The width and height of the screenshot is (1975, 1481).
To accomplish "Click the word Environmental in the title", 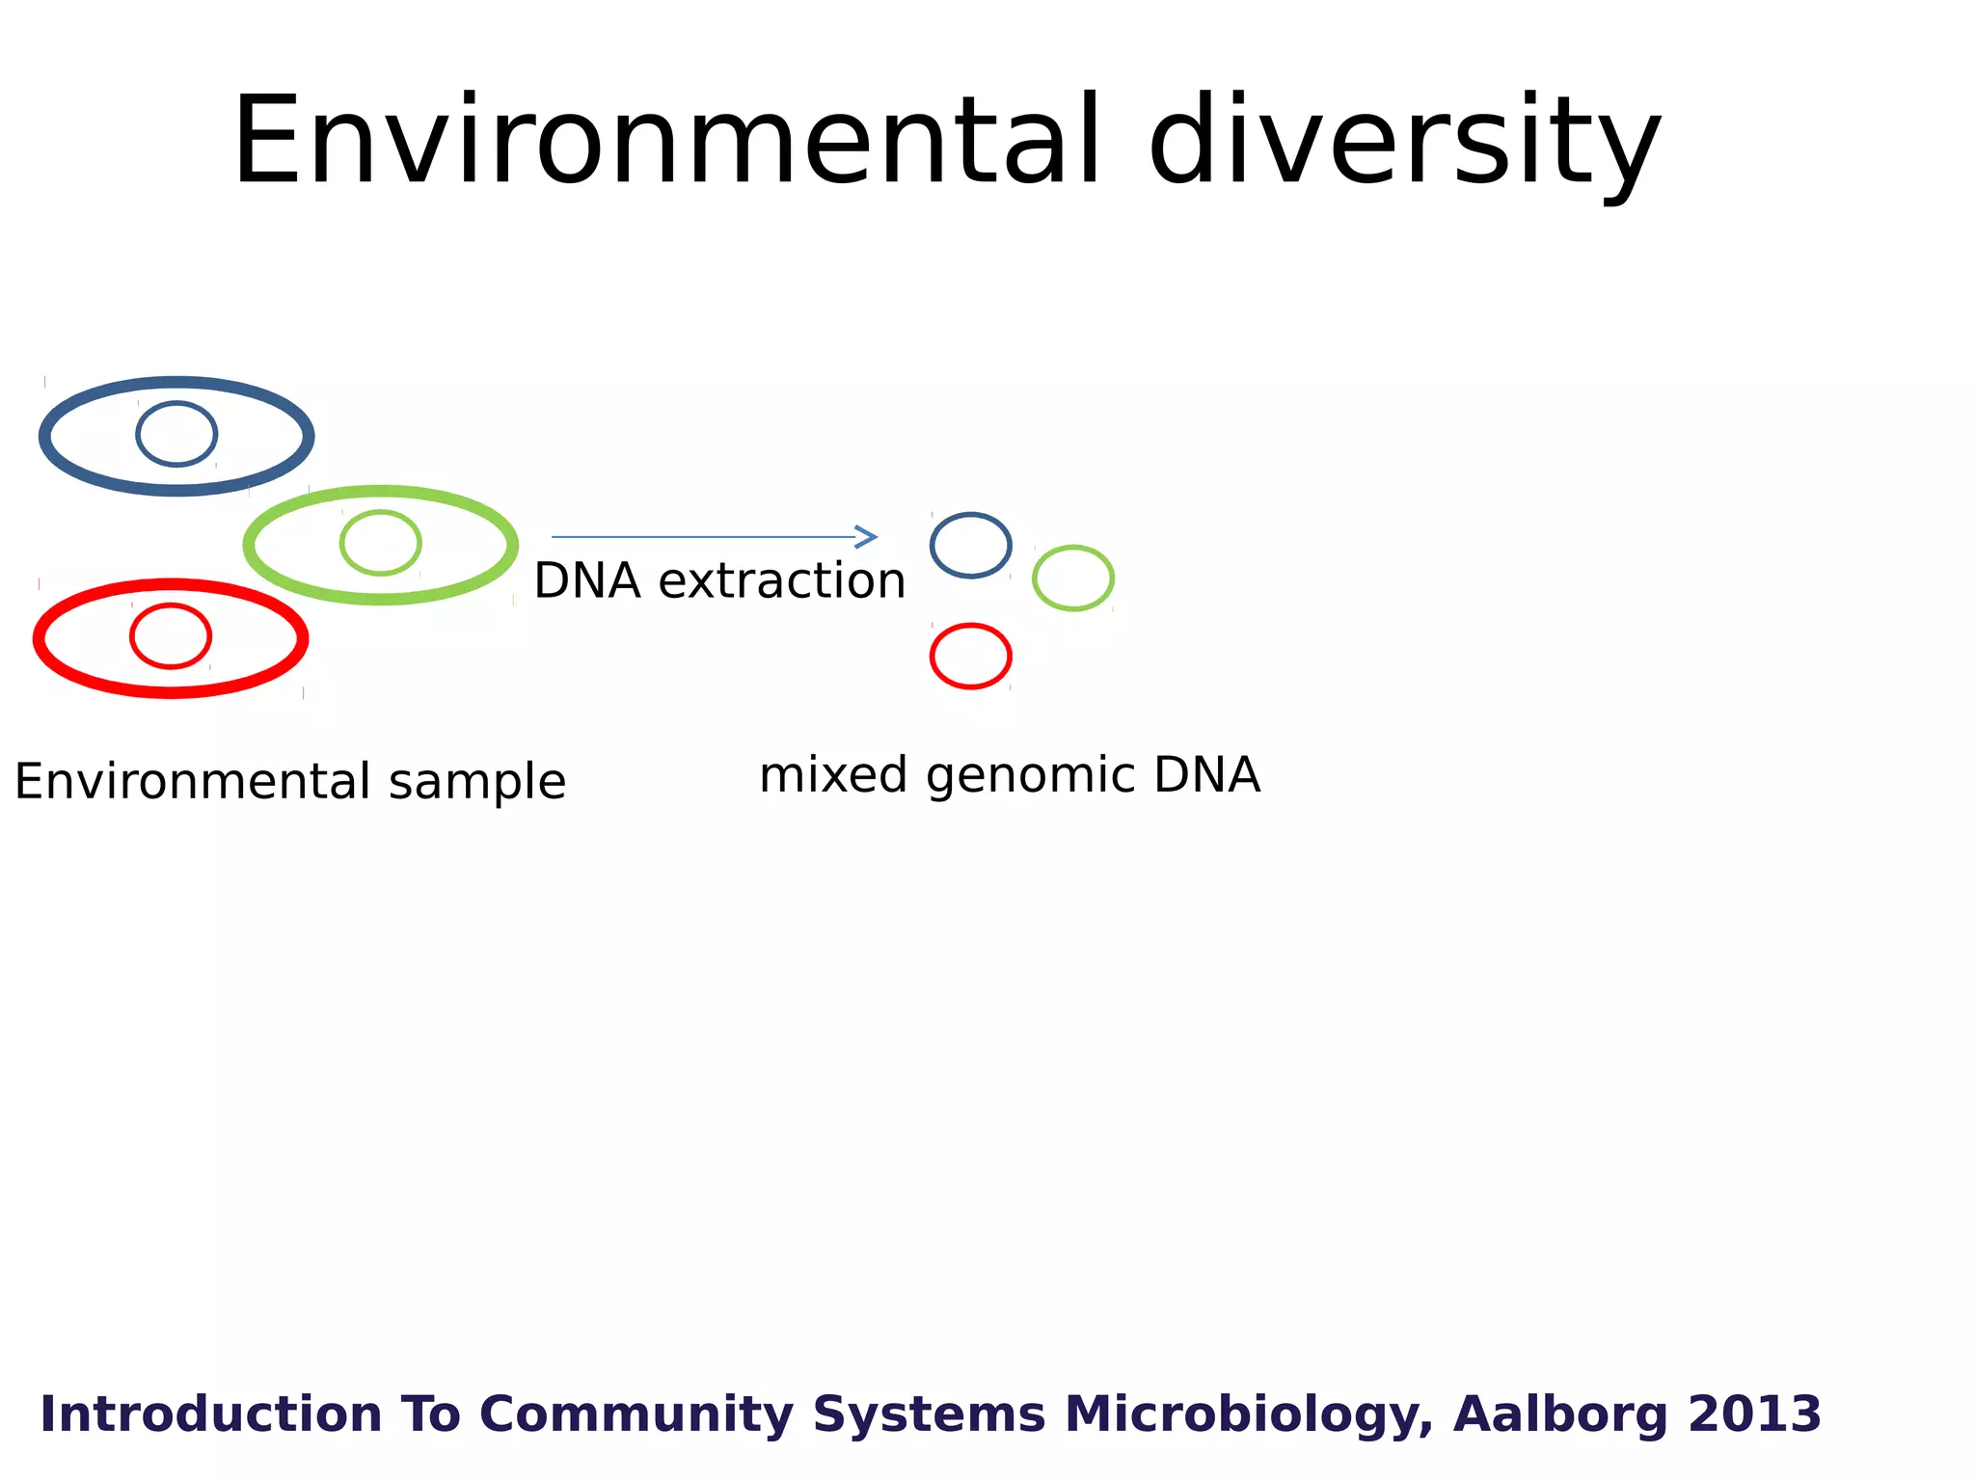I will coord(665,142).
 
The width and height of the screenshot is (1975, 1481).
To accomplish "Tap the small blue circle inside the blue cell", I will coord(176,434).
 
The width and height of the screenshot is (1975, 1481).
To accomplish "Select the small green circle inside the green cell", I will coord(380,543).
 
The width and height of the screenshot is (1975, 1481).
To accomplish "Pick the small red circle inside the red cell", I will coord(171,635).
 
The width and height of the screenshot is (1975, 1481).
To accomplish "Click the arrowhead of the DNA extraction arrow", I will coord(868,537).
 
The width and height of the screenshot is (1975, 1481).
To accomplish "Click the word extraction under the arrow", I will coord(781,581).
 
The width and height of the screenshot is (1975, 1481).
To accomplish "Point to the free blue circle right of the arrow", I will coord(970,546).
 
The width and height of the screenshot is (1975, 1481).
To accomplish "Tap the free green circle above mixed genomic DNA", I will coord(1072,579).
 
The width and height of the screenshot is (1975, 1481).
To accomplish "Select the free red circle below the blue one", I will coord(970,657).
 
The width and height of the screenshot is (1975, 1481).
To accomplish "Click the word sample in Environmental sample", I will coord(476,782).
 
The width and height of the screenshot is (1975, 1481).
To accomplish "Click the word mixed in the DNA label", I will coord(833,775).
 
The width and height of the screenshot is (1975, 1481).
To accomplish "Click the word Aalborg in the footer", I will coord(1560,1415).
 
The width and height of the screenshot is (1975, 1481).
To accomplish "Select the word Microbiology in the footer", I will coord(1247,1415).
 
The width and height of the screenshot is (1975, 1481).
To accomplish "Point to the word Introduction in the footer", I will coord(211,1414).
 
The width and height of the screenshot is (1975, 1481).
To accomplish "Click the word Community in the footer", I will coord(636,1415).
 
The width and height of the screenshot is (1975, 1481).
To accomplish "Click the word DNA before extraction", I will coord(587,581).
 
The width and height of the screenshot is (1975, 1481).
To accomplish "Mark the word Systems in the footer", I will coord(929,1415).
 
